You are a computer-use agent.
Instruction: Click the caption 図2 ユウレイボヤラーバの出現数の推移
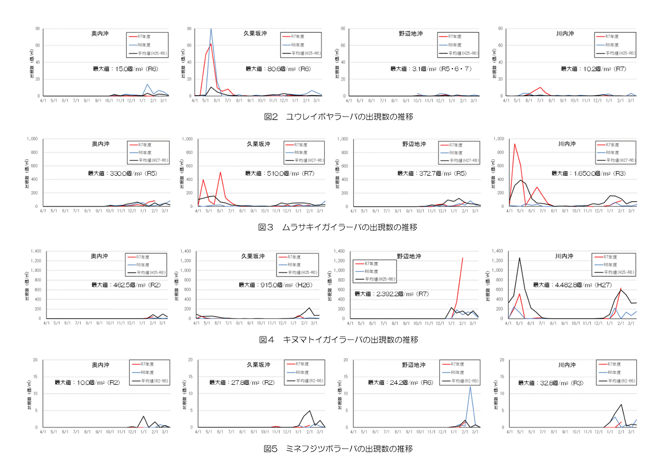[338, 117]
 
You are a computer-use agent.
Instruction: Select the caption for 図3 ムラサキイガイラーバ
[338, 227]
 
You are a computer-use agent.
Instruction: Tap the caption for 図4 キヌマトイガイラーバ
[338, 340]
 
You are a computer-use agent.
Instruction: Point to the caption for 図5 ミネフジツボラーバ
[338, 449]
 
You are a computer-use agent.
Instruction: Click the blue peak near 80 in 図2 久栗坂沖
[211, 29]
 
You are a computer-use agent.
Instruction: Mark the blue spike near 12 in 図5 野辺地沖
[470, 387]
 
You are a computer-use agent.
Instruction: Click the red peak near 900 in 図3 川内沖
[514, 144]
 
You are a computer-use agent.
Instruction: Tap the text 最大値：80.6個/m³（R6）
[278, 69]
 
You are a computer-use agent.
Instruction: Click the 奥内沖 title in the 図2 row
[99, 33]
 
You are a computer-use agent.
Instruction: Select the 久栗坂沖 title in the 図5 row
[259, 364]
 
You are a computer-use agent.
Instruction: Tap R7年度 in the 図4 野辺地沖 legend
[371, 263]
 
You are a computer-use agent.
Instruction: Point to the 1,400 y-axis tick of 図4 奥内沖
[36, 251]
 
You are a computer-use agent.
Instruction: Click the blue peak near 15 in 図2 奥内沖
[147, 85]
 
